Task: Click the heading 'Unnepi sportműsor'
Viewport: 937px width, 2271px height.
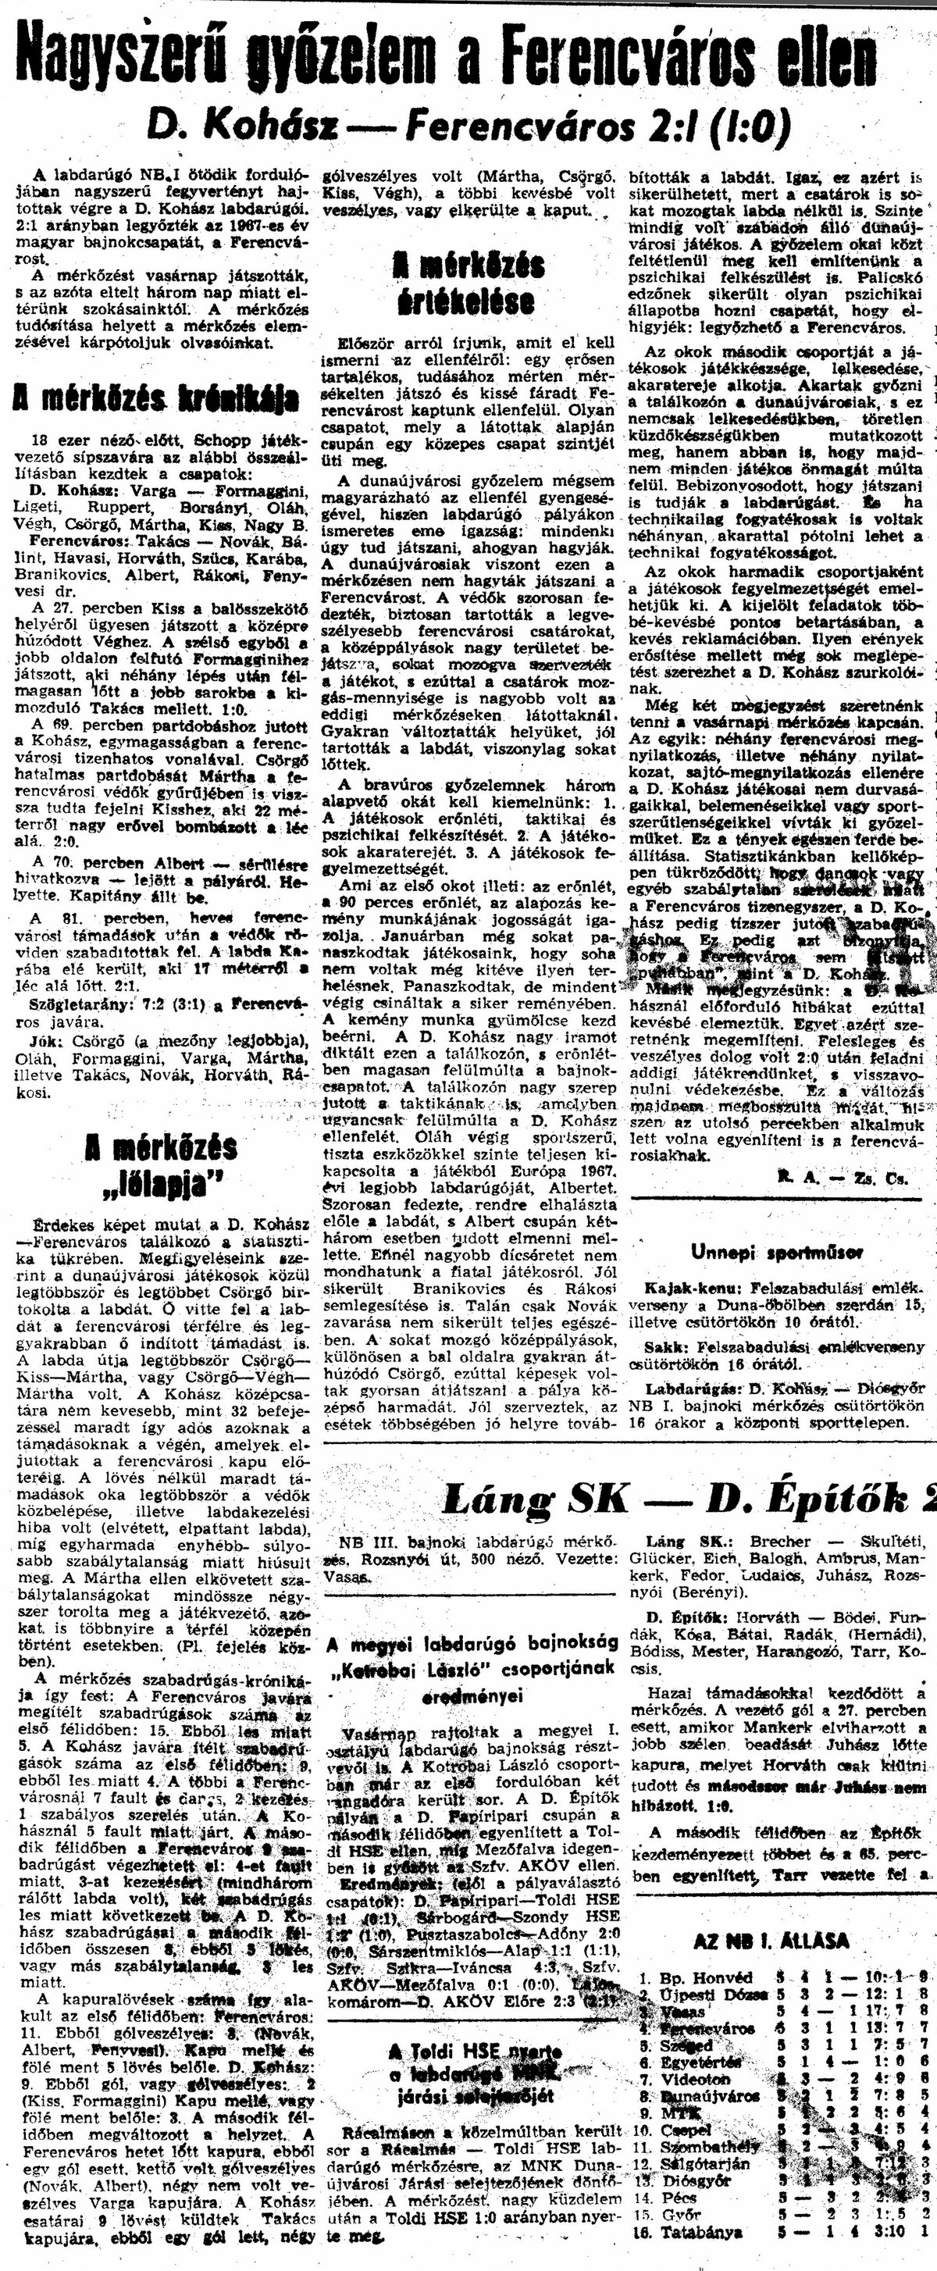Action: click(777, 1251)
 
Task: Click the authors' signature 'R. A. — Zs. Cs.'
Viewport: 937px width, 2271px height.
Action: click(842, 1177)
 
